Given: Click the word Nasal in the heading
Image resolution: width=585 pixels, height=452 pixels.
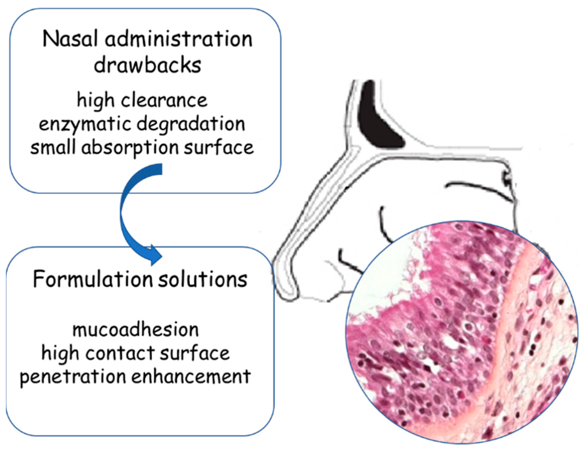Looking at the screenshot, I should [x=70, y=40].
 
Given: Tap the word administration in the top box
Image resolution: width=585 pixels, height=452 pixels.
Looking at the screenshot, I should [x=179, y=40].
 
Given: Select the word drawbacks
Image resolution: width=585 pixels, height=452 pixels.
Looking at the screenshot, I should [x=147, y=66].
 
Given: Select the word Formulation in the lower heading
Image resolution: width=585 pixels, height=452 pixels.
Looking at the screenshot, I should [x=93, y=280].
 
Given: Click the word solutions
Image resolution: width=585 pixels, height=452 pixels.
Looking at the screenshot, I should [x=203, y=280].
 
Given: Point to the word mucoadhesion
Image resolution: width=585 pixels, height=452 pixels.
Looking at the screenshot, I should [x=135, y=330].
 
